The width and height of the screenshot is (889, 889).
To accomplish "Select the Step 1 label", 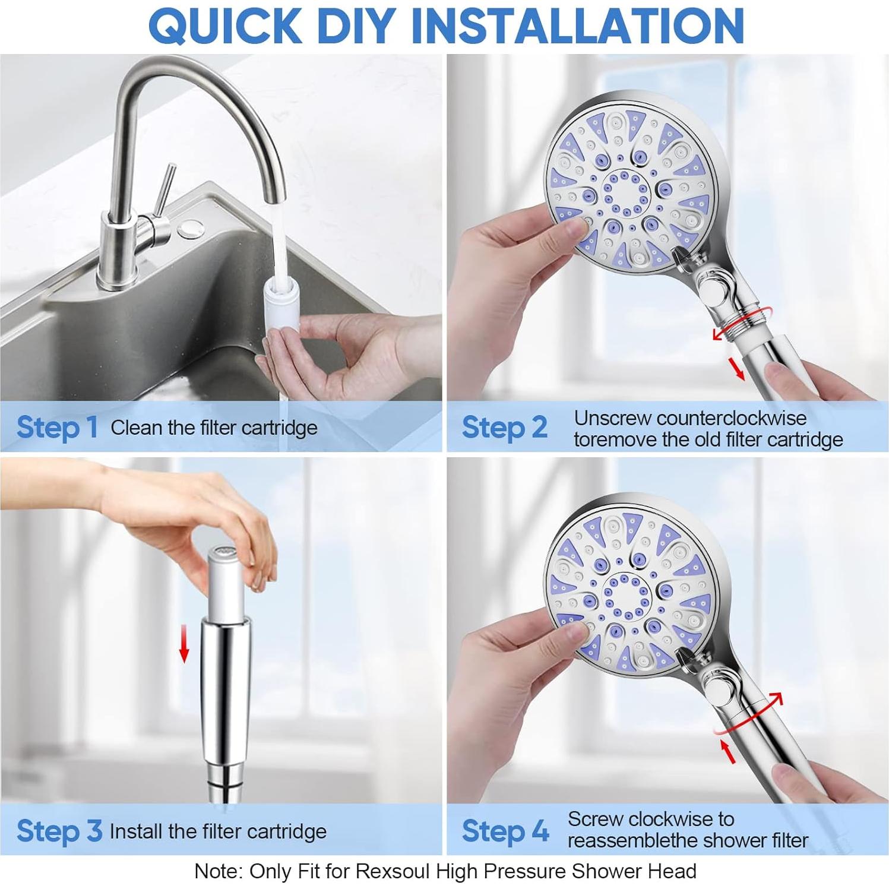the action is [x=57, y=427].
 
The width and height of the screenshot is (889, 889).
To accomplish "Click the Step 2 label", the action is [x=504, y=427].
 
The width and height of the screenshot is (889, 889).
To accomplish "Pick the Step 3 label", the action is [x=59, y=830].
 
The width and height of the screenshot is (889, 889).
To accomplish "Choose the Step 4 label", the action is [x=505, y=830].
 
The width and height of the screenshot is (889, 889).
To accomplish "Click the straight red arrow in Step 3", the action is [x=184, y=647].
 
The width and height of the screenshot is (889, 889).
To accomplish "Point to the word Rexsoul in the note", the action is [x=393, y=871].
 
